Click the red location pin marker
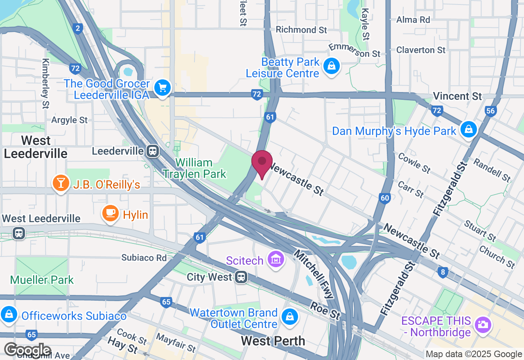pos(262,162)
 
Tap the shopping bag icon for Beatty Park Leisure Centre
pos(332,65)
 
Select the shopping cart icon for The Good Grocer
pos(163,87)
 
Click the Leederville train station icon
pos(153,151)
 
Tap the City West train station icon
pos(241,277)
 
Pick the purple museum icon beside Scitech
pos(276,259)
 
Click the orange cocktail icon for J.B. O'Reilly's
pos(61,183)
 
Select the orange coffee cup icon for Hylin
pos(110,213)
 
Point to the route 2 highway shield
pos(78,28)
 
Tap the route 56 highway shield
pos(490,110)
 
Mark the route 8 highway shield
pos(442,273)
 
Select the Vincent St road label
pos(457,96)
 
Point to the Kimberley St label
pos(45,83)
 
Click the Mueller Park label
pos(42,280)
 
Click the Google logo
pos(28,350)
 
